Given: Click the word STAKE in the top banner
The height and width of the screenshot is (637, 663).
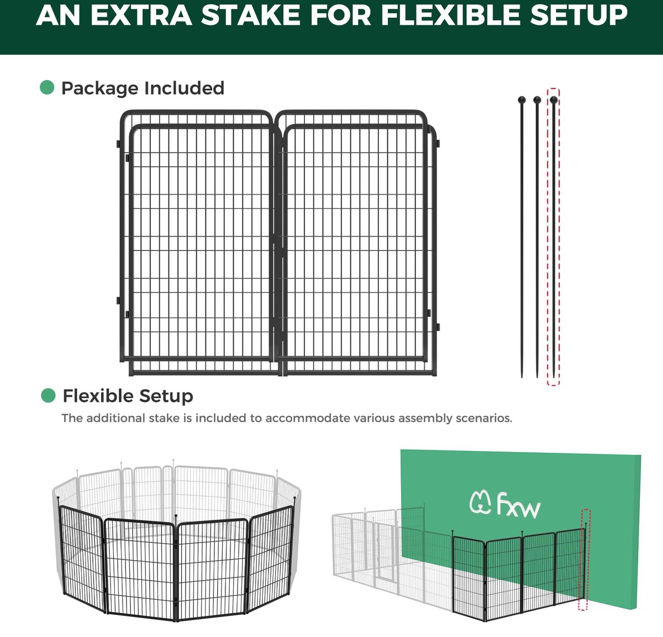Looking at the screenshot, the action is (x=250, y=15).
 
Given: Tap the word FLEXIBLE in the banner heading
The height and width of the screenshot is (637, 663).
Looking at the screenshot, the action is (x=451, y=15).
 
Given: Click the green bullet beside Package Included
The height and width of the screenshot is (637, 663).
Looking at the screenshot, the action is (x=47, y=87).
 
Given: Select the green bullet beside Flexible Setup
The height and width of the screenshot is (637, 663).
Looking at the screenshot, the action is (x=48, y=395).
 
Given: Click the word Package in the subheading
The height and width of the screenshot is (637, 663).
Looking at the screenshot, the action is (x=100, y=88).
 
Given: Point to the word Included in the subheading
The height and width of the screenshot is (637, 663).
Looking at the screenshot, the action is (x=185, y=88).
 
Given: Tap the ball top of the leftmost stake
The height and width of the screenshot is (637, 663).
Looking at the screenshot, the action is (x=522, y=100).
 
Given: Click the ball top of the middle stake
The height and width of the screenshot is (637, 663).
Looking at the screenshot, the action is (x=537, y=100).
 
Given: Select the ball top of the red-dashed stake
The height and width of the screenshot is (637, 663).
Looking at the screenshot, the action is (x=554, y=100).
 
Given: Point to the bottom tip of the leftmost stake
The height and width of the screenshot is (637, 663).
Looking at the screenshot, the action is (x=522, y=378).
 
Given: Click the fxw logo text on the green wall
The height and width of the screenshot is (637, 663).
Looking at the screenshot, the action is (x=518, y=504).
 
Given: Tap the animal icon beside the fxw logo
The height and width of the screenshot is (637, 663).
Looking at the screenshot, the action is (x=480, y=503).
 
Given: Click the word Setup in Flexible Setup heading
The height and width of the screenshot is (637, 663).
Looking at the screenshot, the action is (x=166, y=397).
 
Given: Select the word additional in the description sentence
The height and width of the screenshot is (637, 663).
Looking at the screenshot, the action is (x=116, y=418).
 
